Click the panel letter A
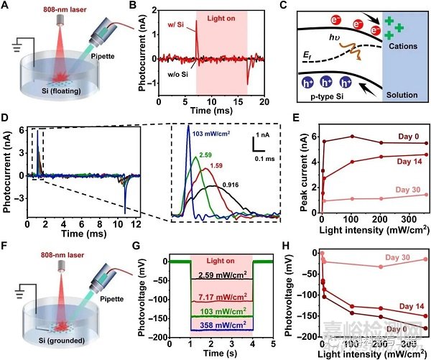(x=7, y=8)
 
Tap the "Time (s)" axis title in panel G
(x=220, y=353)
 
